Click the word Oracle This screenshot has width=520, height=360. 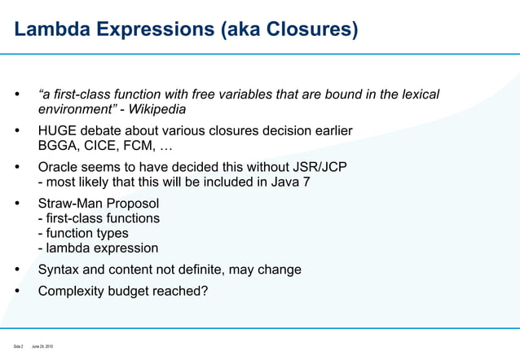59,167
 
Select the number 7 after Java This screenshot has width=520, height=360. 306,182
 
